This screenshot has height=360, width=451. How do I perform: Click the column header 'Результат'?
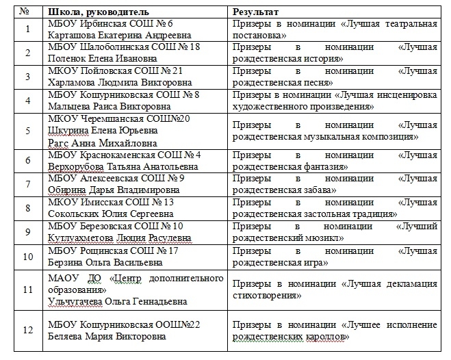pyautogui.click(x=255, y=13)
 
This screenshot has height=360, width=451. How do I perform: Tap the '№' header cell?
pyautogui.click(x=26, y=13)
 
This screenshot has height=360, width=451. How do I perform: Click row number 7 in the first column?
pyautogui.click(x=27, y=184)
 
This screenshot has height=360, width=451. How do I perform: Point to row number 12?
pyautogui.click(x=27, y=330)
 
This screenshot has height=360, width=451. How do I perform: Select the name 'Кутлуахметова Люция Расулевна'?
pyautogui.click(x=120, y=237)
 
